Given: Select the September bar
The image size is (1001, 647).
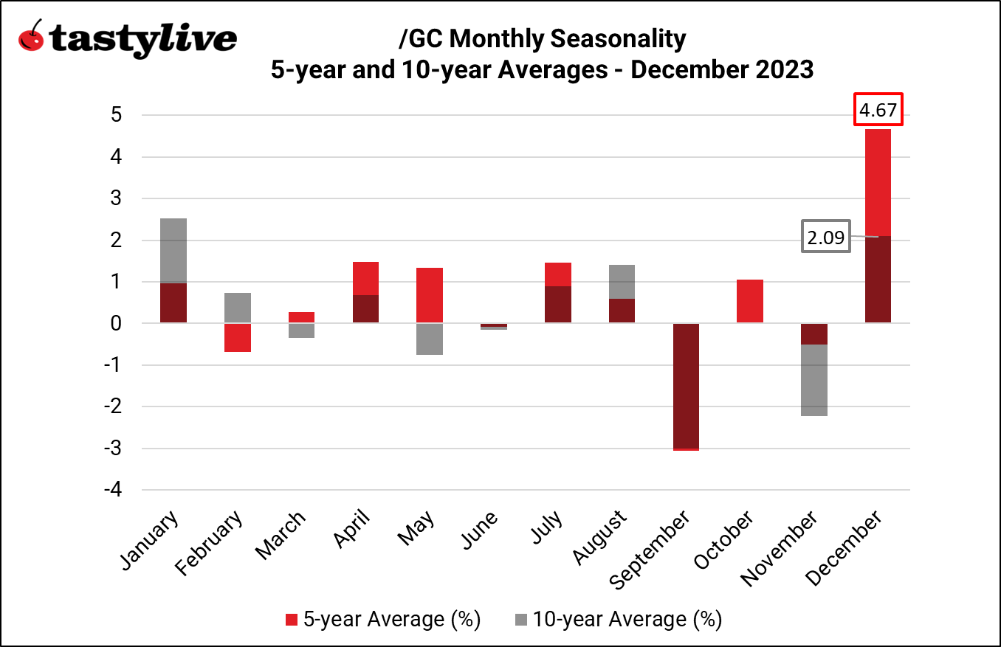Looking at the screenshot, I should coord(686,386).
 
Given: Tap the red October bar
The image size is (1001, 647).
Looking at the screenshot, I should coord(750,301).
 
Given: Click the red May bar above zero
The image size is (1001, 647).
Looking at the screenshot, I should coord(430,295).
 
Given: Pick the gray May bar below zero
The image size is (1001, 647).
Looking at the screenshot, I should coord(430,339).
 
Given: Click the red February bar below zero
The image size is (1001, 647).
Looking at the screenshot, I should coord(238,338).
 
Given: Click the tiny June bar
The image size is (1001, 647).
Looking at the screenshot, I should coord(494,325).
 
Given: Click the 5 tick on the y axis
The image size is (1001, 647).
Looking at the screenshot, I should coord(117,116).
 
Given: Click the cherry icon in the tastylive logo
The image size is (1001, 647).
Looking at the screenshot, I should coord(32,37).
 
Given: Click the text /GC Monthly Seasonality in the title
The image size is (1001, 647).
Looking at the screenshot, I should coord(541,38).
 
